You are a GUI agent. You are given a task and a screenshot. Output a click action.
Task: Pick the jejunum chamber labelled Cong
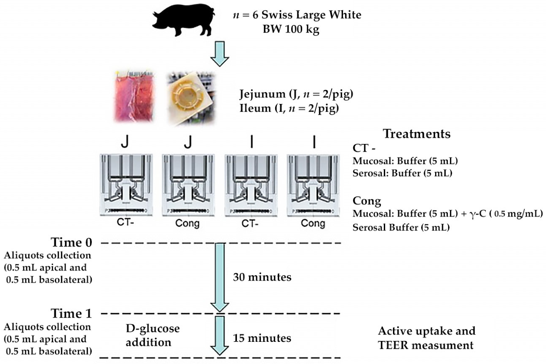[x=187, y=184]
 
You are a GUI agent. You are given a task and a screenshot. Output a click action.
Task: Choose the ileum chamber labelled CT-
[x=250, y=184]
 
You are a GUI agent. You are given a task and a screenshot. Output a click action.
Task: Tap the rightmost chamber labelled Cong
[x=313, y=184]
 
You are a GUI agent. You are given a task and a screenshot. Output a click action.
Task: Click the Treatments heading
[x=416, y=134]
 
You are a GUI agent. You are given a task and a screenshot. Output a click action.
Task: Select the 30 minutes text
[x=262, y=277]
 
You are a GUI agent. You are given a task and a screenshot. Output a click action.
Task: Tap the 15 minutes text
[x=262, y=338]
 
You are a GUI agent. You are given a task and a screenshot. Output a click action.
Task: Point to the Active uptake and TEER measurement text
[x=426, y=338]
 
